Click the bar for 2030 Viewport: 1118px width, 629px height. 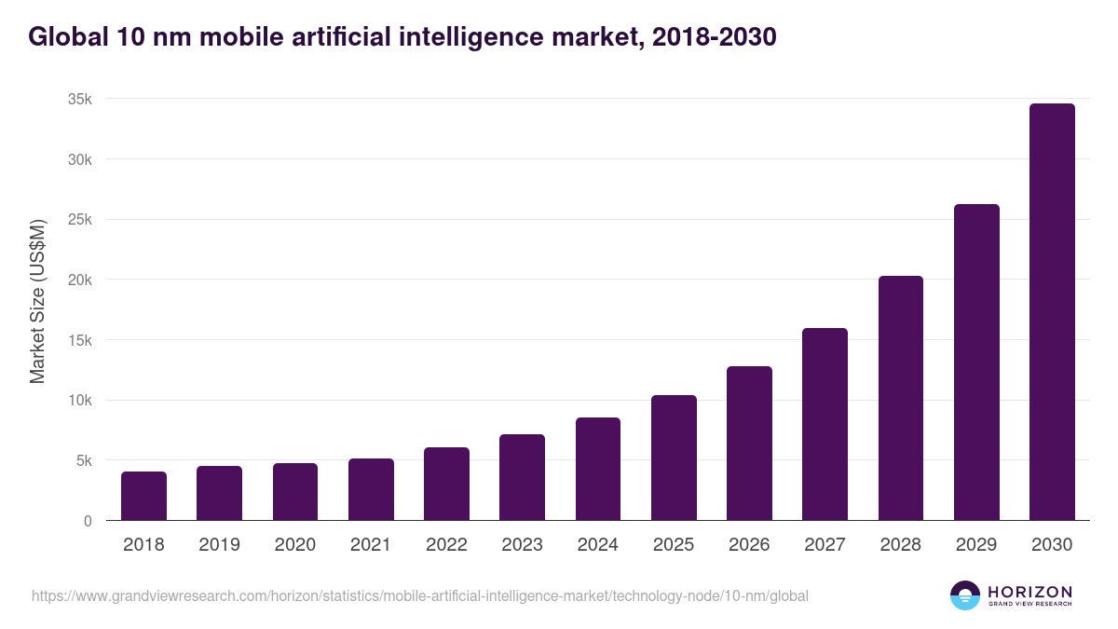[1052, 312]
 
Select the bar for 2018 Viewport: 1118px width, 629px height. [143, 496]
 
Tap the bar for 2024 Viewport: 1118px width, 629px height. [598, 469]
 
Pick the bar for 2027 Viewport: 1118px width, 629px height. [825, 424]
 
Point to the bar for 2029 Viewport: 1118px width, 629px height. [976, 362]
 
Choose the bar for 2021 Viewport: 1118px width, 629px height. [371, 489]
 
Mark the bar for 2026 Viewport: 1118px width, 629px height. [749, 444]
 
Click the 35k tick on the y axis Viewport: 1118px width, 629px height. [80, 100]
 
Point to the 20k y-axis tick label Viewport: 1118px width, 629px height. [80, 280]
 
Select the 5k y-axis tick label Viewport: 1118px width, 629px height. [84, 460]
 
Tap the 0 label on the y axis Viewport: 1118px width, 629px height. [88, 521]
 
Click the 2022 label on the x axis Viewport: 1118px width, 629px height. [446, 545]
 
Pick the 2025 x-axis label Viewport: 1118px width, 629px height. [674, 545]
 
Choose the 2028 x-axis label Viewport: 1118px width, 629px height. [901, 545]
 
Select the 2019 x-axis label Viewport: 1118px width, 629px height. [219, 545]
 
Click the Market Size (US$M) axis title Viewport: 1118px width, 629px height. [37, 301]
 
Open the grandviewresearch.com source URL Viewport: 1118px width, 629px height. [419, 595]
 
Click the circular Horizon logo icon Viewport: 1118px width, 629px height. [965, 595]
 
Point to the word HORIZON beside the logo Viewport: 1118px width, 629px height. [1029, 591]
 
